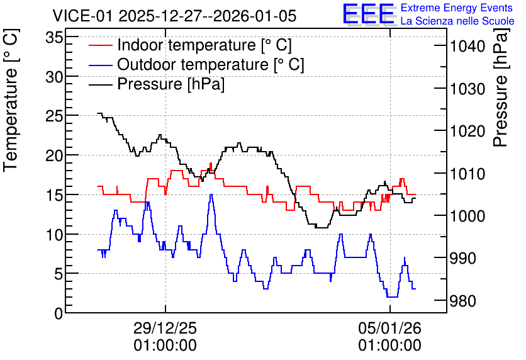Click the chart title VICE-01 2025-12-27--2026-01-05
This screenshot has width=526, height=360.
pyautogui.click(x=174, y=16)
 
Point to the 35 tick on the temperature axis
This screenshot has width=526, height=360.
pyautogui.click(x=54, y=38)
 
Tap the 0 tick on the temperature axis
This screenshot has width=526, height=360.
pyautogui.click(x=59, y=313)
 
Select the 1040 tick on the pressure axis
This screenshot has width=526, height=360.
pyautogui.click(x=467, y=47)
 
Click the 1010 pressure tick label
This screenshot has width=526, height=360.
pyautogui.click(x=467, y=174)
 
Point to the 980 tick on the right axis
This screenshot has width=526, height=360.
pyautogui.click(x=462, y=301)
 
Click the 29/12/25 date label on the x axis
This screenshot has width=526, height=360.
pyautogui.click(x=165, y=328)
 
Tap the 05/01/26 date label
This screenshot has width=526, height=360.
pyautogui.click(x=390, y=328)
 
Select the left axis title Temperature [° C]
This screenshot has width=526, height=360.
pyautogui.click(x=11, y=100)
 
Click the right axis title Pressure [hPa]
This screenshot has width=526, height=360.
pyautogui.click(x=501, y=87)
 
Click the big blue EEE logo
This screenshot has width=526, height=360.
pyautogui.click(x=368, y=14)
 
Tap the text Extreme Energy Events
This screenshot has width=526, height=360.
pyautogui.click(x=457, y=8)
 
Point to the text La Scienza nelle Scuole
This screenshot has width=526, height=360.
pyautogui.click(x=457, y=21)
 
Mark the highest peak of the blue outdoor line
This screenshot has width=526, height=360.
pyautogui.click(x=211, y=194)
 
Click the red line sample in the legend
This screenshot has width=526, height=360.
pyautogui.click(x=100, y=45)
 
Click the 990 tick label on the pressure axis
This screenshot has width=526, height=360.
pyautogui.click(x=462, y=259)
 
